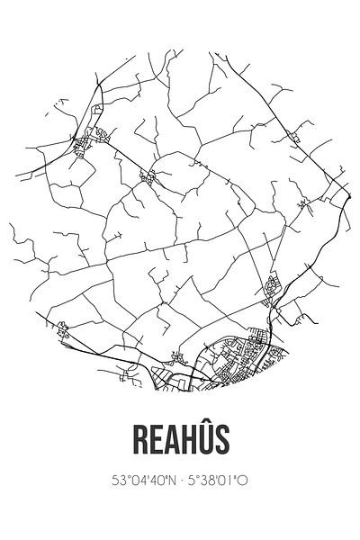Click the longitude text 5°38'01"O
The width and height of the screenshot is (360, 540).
pos(219,481)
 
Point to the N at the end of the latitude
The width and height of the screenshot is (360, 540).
pos(171,481)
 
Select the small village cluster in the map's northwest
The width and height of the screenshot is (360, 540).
pos(94,138)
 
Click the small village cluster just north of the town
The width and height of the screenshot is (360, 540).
pos(270,288)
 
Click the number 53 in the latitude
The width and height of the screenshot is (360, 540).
pos(119,481)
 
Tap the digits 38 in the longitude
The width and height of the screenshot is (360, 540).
pos(209,481)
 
